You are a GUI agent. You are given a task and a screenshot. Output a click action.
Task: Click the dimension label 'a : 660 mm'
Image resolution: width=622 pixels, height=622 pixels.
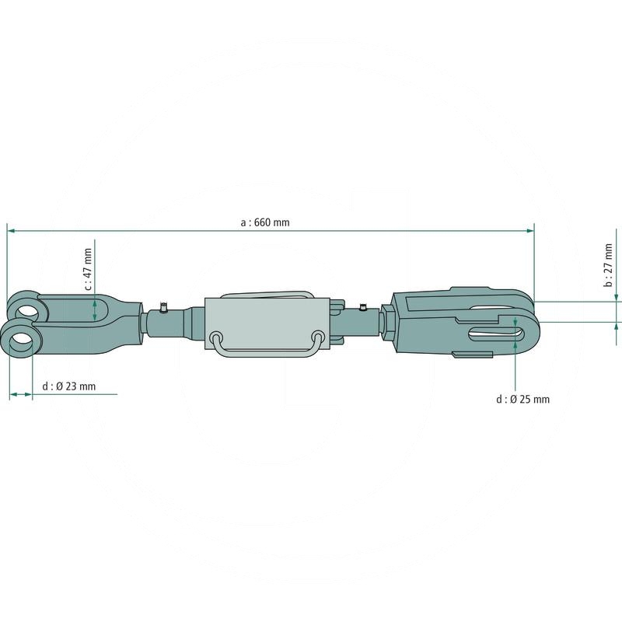click(x=265, y=222)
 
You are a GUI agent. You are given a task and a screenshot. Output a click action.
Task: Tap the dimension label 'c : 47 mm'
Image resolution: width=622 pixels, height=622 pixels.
click(x=88, y=269)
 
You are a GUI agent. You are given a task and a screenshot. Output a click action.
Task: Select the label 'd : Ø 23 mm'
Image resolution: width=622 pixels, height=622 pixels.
click(x=69, y=386)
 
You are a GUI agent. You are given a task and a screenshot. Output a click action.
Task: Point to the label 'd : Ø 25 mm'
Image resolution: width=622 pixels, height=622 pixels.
click(x=522, y=399)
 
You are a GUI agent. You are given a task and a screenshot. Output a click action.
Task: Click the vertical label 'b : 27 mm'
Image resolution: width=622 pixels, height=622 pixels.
click(x=608, y=265)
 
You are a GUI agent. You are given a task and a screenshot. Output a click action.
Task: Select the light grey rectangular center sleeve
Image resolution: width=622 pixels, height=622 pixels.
click(x=267, y=323)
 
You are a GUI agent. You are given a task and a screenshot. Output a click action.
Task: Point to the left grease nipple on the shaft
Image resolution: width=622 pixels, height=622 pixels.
click(x=162, y=307)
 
